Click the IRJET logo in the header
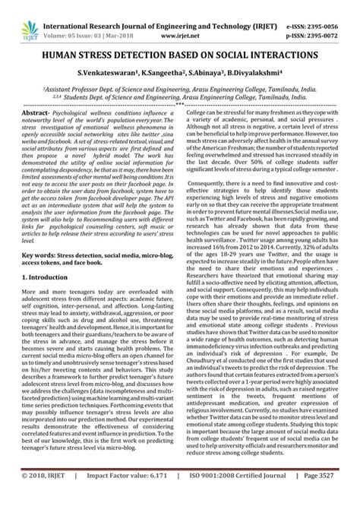click(x=16, y=15)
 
